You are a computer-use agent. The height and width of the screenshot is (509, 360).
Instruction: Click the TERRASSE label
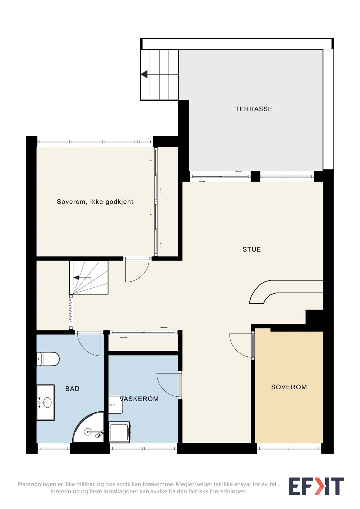point(254,109)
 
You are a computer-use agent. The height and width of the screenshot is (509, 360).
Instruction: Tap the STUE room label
point(251,249)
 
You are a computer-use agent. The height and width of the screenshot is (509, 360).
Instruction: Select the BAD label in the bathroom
point(72,388)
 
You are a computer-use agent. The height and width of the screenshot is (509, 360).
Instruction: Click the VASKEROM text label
point(139,399)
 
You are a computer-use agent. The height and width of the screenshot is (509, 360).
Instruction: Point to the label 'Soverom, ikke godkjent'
point(95,202)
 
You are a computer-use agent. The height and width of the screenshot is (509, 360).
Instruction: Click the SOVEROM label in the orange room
point(289,387)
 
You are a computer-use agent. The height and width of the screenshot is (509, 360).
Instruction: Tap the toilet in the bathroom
point(48,359)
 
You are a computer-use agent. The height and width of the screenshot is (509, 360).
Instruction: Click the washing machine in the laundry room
point(119,432)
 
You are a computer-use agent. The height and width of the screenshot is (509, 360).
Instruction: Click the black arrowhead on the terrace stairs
point(144,74)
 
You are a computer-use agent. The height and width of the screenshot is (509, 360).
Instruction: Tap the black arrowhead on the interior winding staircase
point(76,277)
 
